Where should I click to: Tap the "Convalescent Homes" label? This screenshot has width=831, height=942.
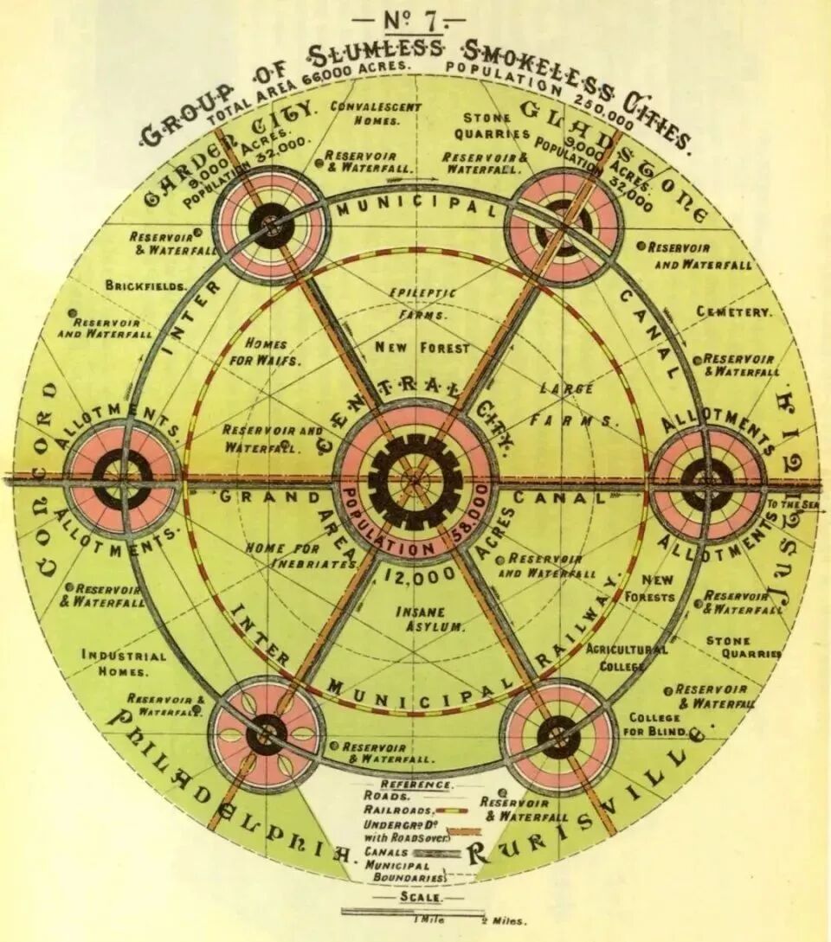[x=376, y=113]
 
